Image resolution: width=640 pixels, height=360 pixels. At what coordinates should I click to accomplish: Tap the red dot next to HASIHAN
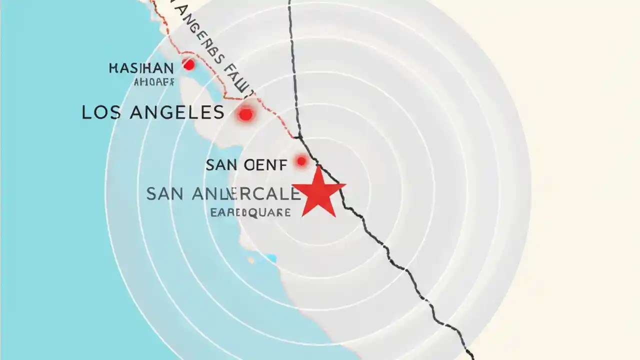click(x=188, y=64)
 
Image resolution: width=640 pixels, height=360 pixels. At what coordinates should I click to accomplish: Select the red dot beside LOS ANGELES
click(x=245, y=114)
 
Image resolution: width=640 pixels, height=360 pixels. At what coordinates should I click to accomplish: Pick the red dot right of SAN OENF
click(x=301, y=161)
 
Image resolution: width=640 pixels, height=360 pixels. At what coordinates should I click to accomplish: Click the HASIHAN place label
click(x=141, y=68)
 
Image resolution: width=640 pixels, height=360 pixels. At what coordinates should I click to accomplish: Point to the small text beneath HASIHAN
click(x=154, y=82)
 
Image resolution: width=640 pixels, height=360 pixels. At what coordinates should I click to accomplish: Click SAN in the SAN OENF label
click(x=220, y=164)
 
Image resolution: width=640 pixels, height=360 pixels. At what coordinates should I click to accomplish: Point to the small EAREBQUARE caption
click(x=250, y=212)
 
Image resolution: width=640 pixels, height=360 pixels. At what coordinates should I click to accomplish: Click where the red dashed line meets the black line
click(x=298, y=136)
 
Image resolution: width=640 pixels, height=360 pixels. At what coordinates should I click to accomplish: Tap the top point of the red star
click(x=318, y=166)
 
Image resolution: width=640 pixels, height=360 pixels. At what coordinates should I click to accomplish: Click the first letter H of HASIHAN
click(x=113, y=68)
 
